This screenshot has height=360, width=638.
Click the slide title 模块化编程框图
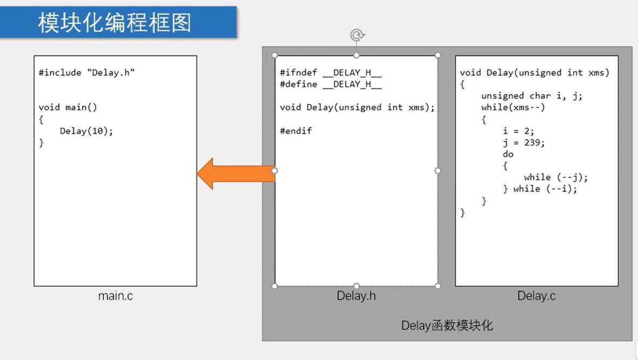click(x=115, y=22)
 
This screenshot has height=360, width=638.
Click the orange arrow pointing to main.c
click(x=236, y=174)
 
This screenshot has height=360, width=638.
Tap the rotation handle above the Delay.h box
click(x=357, y=35)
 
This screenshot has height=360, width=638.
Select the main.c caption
click(x=116, y=296)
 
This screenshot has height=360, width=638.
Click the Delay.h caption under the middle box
click(x=356, y=296)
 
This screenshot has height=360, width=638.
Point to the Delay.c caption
click(x=536, y=296)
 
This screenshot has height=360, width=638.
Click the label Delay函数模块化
click(x=447, y=325)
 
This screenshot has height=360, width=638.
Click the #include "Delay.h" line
click(x=86, y=72)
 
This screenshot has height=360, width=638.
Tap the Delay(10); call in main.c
click(x=86, y=131)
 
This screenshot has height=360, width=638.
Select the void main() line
click(x=68, y=107)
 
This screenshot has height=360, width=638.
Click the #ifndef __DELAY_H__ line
click(x=331, y=72)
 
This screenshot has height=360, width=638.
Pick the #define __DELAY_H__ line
click(x=331, y=84)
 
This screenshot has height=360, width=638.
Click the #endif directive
click(x=296, y=131)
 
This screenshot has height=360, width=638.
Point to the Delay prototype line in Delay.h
click(x=357, y=107)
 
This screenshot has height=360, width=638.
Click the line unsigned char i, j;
click(x=532, y=96)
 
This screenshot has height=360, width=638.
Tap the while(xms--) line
click(x=513, y=107)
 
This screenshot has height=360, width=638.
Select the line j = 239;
click(x=523, y=143)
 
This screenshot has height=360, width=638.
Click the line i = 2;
click(x=519, y=131)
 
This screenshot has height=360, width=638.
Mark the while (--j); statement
click(x=556, y=177)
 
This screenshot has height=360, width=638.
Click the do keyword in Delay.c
click(x=508, y=154)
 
